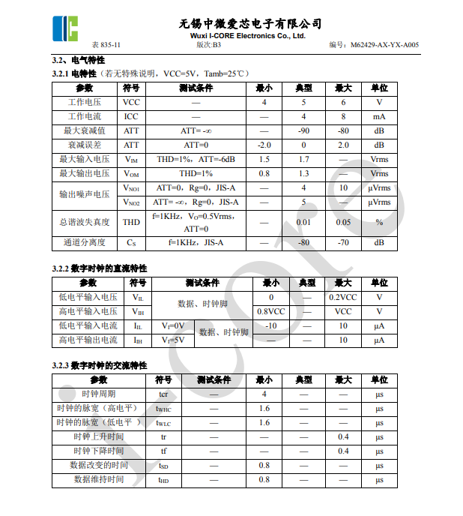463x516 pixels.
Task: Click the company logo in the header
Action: [65, 27]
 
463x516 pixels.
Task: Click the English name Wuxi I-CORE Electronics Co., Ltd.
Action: [248, 35]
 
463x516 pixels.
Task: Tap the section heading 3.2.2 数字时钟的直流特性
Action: [100, 268]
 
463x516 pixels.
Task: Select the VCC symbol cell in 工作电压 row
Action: [131, 102]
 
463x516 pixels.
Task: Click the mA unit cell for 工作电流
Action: [379, 116]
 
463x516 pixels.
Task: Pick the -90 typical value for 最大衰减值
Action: [303, 130]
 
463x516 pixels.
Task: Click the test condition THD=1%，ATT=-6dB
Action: [196, 159]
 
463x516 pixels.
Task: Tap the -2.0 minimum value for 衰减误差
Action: [264, 145]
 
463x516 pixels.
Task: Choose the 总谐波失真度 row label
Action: [85, 222]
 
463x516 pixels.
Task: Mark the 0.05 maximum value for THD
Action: [343, 222]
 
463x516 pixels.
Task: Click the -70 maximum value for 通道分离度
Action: [343, 243]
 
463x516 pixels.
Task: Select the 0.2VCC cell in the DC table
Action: [343, 297]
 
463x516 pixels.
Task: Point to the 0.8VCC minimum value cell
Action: [270, 311]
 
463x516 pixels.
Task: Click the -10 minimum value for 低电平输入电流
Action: [270, 325]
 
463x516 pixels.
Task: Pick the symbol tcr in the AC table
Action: [163, 394]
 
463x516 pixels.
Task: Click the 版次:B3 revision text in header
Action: [208, 45]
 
